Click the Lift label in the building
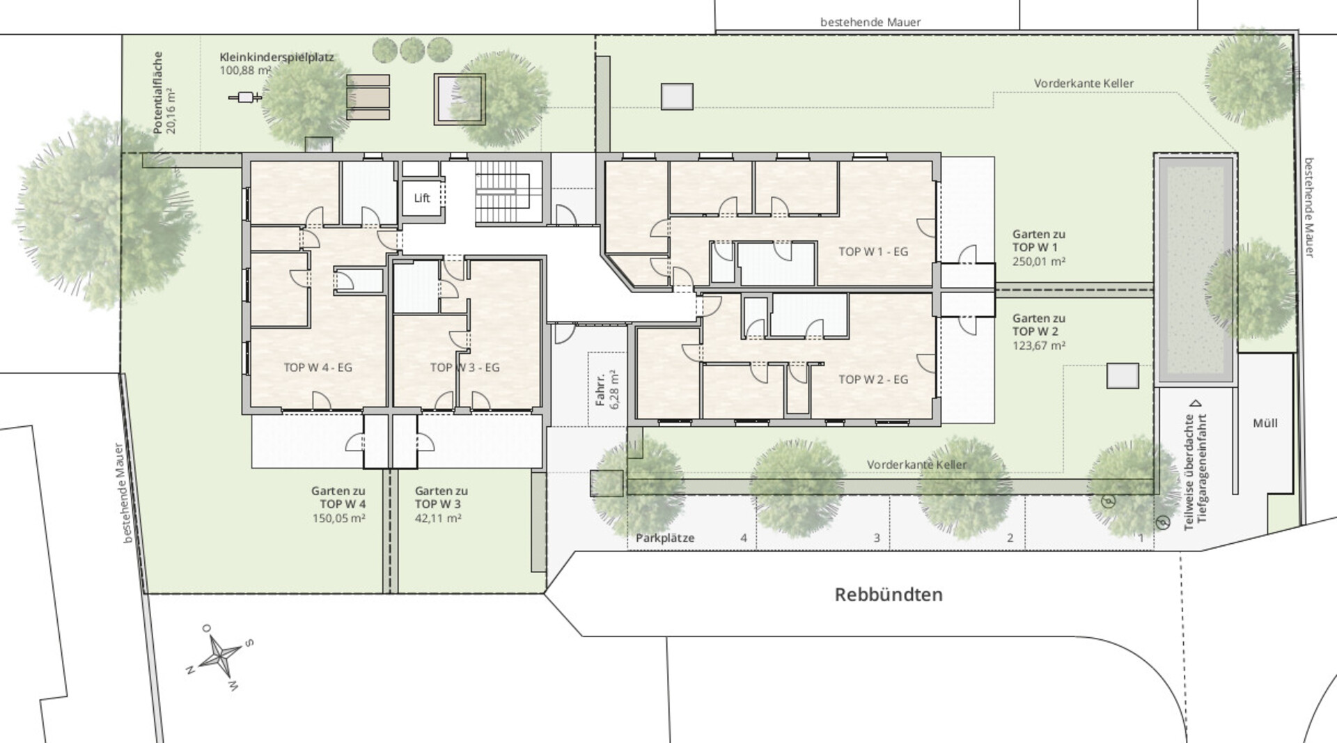click(x=422, y=198)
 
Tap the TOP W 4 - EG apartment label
click(x=318, y=368)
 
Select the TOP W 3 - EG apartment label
click(x=464, y=368)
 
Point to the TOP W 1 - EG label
click(x=873, y=251)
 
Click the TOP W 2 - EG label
click(x=873, y=380)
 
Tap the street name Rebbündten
click(x=889, y=595)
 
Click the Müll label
click(x=1265, y=423)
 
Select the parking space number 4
click(x=744, y=538)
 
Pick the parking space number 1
click(x=1141, y=538)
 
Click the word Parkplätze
click(x=665, y=538)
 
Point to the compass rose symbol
click(x=221, y=656)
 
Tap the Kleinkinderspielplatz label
click(x=277, y=57)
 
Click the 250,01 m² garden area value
click(x=1039, y=262)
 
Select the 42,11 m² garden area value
click(x=439, y=518)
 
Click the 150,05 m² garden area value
click(x=339, y=518)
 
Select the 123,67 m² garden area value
click(x=1039, y=345)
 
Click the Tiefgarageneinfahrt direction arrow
click(x=1196, y=402)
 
